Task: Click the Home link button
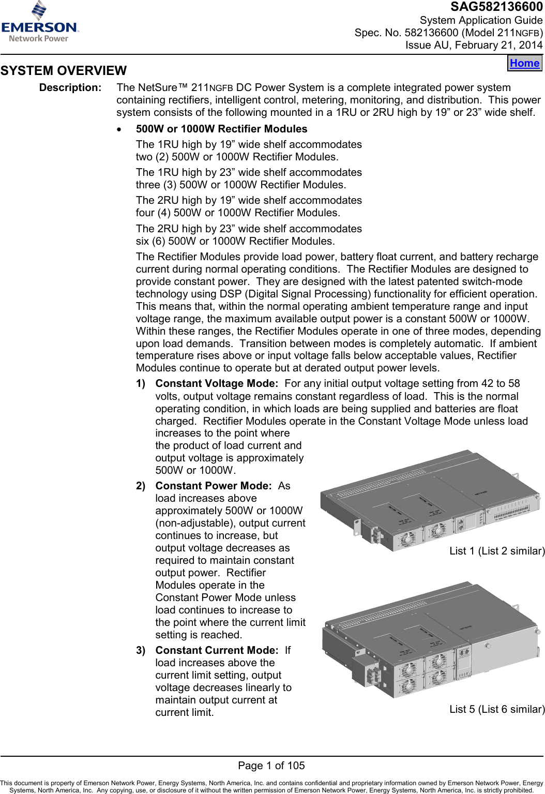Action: coord(524,63)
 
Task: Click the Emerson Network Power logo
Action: coord(39,22)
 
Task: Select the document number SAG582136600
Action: coord(496,7)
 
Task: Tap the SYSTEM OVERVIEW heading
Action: coord(64,71)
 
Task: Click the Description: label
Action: coord(70,88)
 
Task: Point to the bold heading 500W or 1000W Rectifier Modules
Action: coord(221,129)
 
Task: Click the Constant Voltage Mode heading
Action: coord(216,384)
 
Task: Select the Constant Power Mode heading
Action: coord(213,486)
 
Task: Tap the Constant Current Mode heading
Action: coord(216,651)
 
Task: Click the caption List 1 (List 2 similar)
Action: coord(497,551)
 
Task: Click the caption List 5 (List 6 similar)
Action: coord(497,710)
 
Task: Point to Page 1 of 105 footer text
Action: coord(271,766)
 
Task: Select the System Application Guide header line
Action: coord(481,21)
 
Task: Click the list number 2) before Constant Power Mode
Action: coord(141,486)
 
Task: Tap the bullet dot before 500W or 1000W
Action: coord(120,130)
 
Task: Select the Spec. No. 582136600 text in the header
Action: coord(406,33)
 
